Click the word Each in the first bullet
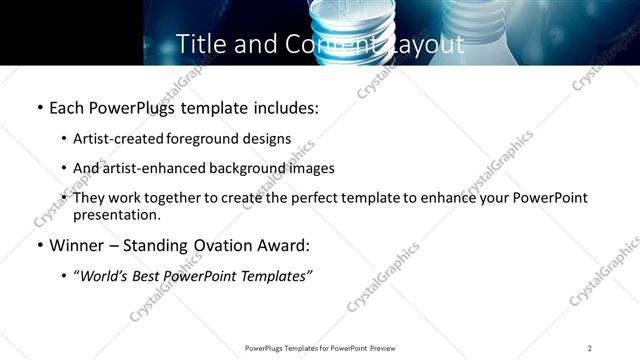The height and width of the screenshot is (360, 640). coord(67,107)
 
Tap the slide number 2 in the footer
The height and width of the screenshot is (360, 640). coord(590,348)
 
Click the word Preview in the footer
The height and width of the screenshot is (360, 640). coord(382,348)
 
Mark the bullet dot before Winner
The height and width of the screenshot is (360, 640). coord(39,245)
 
